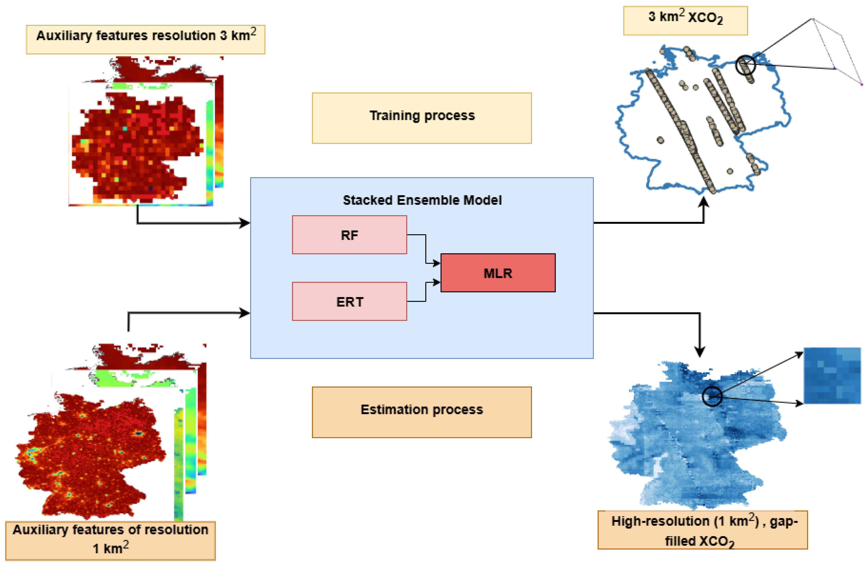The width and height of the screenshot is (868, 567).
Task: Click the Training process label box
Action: tap(422, 118)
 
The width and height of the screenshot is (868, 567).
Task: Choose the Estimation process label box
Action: tap(422, 412)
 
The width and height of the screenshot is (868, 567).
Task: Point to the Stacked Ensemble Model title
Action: tap(422, 200)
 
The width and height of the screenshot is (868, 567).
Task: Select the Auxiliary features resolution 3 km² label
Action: tap(146, 39)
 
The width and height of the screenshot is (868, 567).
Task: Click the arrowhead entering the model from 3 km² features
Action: tap(244, 223)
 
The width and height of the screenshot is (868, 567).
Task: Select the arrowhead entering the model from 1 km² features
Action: tap(244, 313)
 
